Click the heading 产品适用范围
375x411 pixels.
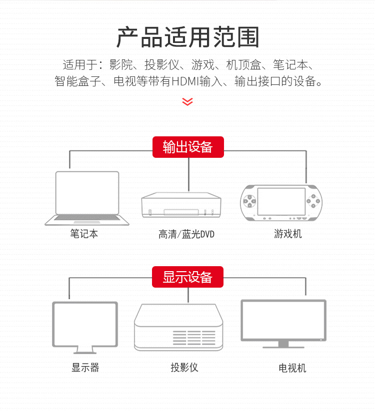[x=187, y=37]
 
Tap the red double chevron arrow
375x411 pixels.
[x=187, y=101]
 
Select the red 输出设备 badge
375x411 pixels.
[x=188, y=147]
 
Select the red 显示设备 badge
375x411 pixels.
[x=188, y=277]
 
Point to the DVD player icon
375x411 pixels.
[x=181, y=205]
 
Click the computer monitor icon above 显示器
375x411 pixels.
[x=85, y=327]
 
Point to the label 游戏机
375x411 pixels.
[x=287, y=233]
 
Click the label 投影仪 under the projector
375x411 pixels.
[x=184, y=368]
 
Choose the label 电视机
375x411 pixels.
[x=292, y=368]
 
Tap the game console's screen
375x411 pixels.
[x=281, y=201]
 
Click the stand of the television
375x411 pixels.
[x=283, y=344]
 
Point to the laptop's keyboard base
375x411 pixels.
[x=87, y=220]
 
